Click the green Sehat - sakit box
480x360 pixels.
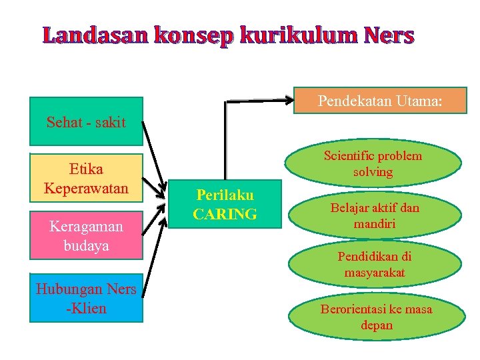(x=86, y=121)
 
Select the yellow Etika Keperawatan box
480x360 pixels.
(x=86, y=179)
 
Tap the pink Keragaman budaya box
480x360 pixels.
(x=86, y=235)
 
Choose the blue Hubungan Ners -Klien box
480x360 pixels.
(x=86, y=298)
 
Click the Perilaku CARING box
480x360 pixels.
(x=225, y=205)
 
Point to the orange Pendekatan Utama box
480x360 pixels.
(x=380, y=101)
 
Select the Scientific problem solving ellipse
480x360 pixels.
(x=373, y=163)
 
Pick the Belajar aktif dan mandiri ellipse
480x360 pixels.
(x=375, y=216)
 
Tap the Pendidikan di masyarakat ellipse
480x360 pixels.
(x=374, y=265)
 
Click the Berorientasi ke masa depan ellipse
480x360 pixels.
(x=376, y=317)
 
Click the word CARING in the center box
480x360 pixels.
(x=225, y=214)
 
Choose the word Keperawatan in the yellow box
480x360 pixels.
(x=86, y=188)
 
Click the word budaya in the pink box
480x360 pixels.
(x=86, y=245)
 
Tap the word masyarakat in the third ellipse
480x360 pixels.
(x=374, y=273)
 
